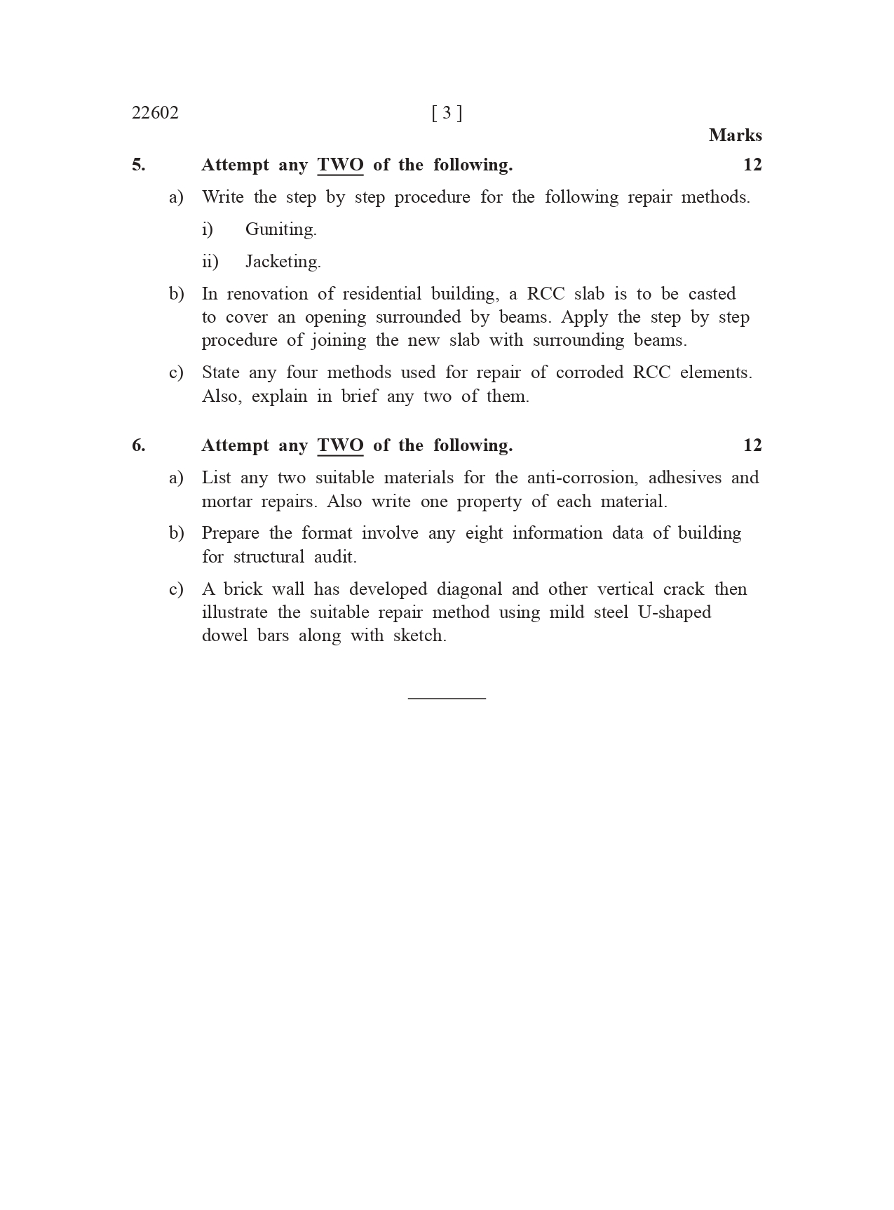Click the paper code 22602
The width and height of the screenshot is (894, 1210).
155,113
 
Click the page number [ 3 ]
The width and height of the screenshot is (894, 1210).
447,113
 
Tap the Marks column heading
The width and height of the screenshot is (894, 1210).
735,135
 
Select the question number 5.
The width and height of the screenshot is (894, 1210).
138,165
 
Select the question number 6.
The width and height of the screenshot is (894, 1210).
138,445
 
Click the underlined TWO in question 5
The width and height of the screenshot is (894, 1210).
340,165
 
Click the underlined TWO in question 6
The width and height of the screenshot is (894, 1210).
340,445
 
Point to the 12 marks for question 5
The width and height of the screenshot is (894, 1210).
752,165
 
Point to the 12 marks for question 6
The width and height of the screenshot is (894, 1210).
752,445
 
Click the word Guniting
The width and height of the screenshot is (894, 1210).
280,229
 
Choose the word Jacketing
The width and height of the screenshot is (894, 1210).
283,262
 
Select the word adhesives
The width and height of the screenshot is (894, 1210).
684,478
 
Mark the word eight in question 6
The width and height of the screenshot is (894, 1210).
484,533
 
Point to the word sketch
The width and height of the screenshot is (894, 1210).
419,636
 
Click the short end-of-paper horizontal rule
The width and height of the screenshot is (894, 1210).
447,698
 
